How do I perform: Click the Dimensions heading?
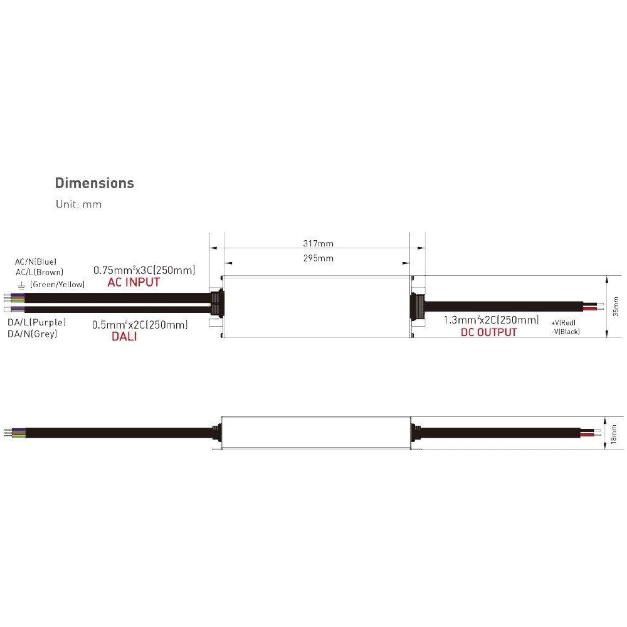(x=95, y=183)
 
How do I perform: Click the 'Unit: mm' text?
(x=79, y=204)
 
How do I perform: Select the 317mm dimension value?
(x=319, y=243)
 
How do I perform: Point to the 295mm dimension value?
(x=319, y=258)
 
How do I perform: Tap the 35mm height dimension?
(x=616, y=307)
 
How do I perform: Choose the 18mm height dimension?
(x=614, y=435)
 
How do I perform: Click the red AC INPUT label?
(x=134, y=282)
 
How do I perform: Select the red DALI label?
(x=124, y=336)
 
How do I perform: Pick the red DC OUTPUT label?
(x=488, y=332)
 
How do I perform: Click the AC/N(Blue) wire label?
(x=36, y=262)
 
